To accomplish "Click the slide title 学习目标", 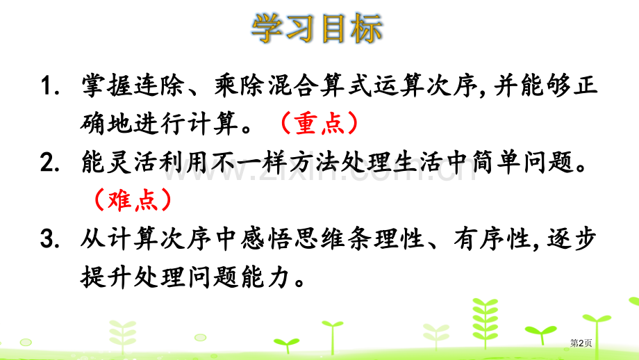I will [317, 30].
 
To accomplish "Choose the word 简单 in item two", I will [501, 164].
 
